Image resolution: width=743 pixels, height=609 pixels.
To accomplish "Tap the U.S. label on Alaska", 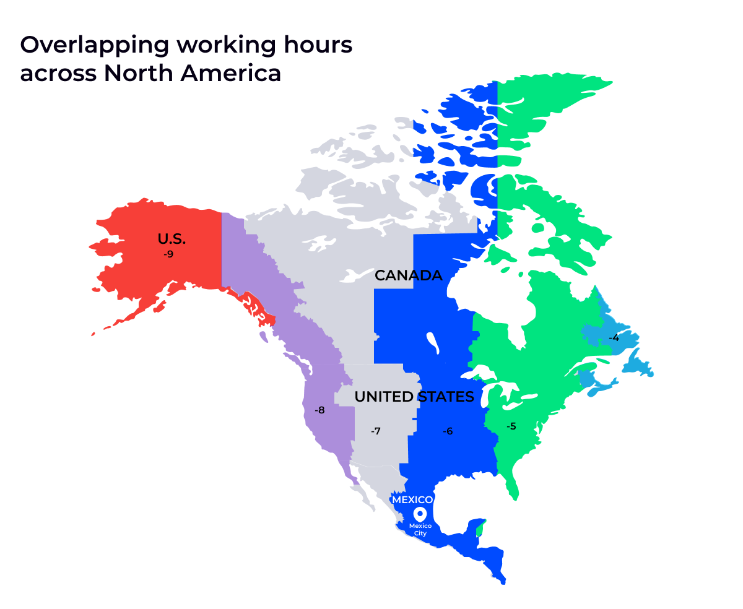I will pyautogui.click(x=172, y=240).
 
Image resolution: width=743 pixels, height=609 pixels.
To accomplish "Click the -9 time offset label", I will pyautogui.click(x=168, y=254).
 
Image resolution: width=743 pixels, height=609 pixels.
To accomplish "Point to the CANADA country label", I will pyautogui.click(x=409, y=275).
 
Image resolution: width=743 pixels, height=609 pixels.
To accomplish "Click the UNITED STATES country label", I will pyautogui.click(x=414, y=396).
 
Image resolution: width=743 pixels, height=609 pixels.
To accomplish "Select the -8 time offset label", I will pyautogui.click(x=319, y=410).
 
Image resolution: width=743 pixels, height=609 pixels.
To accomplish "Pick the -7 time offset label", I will pyautogui.click(x=375, y=431).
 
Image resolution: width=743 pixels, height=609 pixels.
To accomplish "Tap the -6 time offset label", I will pyautogui.click(x=448, y=431).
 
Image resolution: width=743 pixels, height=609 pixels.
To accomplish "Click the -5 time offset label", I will pyautogui.click(x=511, y=426).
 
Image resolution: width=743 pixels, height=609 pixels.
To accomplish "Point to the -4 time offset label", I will pyautogui.click(x=614, y=338).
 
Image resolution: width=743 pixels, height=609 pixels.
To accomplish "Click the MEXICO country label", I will pyautogui.click(x=412, y=499).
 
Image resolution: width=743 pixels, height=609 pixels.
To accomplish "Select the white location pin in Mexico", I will pyautogui.click(x=420, y=514).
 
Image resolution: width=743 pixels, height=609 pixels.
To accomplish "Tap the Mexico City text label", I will pyautogui.click(x=420, y=529).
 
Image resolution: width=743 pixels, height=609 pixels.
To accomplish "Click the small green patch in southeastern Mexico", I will pyautogui.click(x=480, y=529).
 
